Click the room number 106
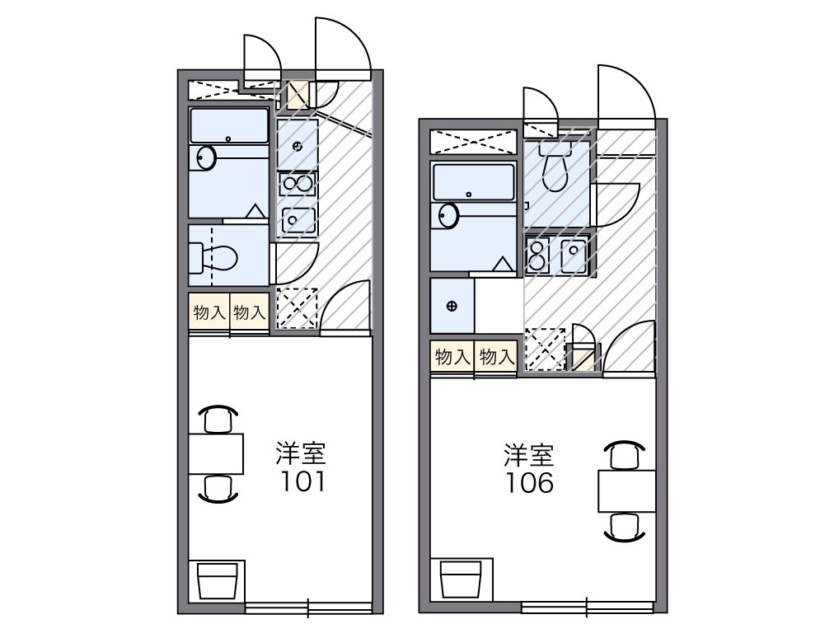click(530, 482)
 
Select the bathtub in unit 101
click(229, 126)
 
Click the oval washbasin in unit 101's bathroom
click(204, 157)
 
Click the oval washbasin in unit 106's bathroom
click(448, 216)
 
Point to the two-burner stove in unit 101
click(298, 183)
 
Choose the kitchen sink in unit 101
click(298, 220)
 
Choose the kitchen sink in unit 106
click(574, 256)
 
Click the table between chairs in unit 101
click(216, 453)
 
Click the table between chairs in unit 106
click(626, 491)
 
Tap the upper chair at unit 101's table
click(218, 420)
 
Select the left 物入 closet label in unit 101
click(209, 312)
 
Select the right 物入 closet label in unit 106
click(496, 357)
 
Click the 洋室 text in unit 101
click(300, 453)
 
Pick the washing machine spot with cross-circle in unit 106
click(452, 306)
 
